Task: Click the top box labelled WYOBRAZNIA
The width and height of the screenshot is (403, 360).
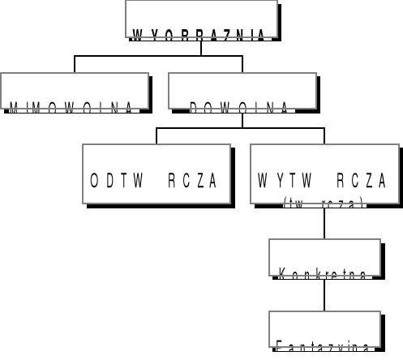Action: (201, 20)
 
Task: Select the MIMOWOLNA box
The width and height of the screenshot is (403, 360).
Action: (75, 91)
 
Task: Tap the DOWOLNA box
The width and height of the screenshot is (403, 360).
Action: (242, 91)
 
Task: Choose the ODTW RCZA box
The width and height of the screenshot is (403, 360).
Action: (157, 174)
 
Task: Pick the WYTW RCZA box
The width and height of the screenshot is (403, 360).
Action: (324, 172)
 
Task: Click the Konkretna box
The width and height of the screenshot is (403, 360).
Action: (324, 258)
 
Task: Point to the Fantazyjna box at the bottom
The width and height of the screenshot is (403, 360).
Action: (324, 329)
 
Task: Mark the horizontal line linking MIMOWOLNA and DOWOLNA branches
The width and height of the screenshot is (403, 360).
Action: (159, 56)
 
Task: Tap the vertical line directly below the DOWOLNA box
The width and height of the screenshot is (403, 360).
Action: (242, 118)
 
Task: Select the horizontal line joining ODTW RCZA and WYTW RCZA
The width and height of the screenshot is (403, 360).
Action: (241, 127)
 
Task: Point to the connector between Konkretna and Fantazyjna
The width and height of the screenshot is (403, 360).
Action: (324, 294)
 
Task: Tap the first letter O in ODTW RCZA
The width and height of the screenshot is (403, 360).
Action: (95, 181)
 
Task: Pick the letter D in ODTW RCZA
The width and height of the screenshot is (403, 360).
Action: (109, 181)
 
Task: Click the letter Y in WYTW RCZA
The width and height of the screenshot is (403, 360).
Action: (278, 181)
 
